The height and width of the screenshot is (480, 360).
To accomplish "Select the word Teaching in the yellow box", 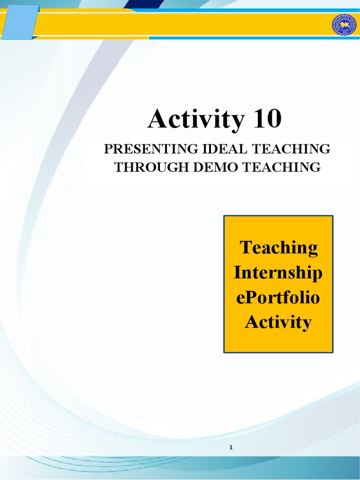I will pyautogui.click(x=278, y=247).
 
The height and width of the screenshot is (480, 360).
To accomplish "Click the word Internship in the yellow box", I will pyautogui.click(x=278, y=272).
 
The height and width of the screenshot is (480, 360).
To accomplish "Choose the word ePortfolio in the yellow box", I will pyautogui.click(x=278, y=298).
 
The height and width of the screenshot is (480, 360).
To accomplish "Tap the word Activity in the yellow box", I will pyautogui.click(x=278, y=322).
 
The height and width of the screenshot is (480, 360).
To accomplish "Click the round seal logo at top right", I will pyautogui.click(x=345, y=25).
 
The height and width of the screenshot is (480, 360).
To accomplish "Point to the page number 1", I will pyautogui.click(x=231, y=448).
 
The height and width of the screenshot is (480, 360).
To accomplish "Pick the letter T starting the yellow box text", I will pyautogui.click(x=245, y=247).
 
